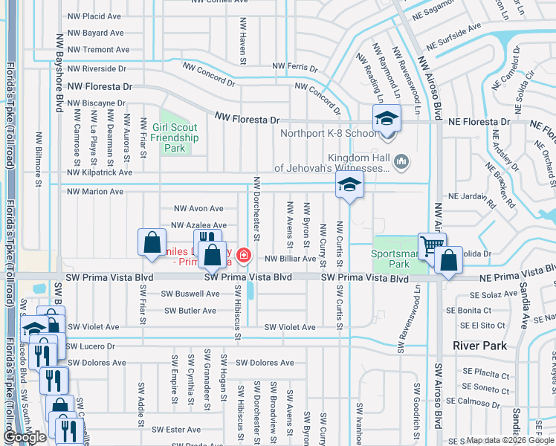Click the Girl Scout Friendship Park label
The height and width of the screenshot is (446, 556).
coord(175,138)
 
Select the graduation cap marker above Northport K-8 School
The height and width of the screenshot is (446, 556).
coord(387,119)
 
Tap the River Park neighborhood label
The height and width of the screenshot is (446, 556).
coord(479,346)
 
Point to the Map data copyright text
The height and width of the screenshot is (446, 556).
coord(509,440)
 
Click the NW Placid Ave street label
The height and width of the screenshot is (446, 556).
coord(94,16)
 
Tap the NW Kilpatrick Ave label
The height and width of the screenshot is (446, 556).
coord(100,172)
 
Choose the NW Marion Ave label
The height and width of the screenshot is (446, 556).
coord(95,192)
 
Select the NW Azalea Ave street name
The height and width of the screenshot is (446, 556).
coord(198,225)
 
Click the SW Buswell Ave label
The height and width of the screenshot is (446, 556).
coord(193,294)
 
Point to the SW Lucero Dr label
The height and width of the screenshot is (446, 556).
coord(91,346)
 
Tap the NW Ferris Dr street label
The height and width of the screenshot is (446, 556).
coord(294,67)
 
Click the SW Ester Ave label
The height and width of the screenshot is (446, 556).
coord(176,430)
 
